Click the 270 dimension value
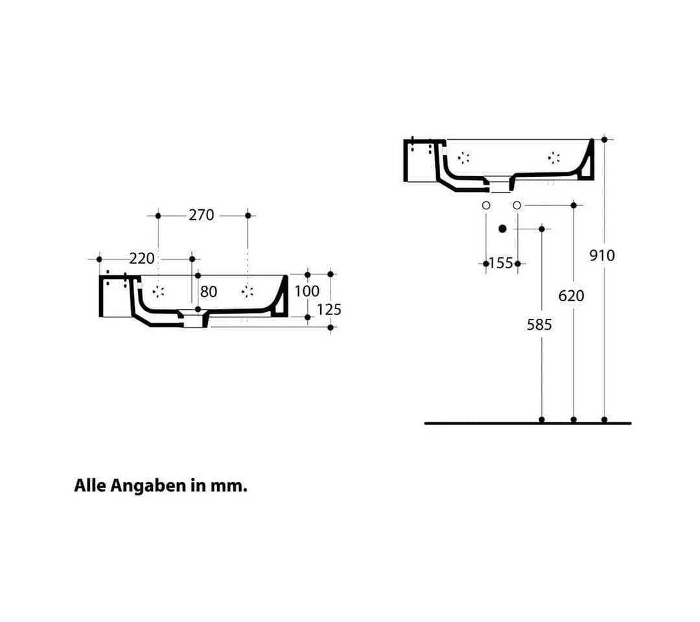point(202,215)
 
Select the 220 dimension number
point(142,259)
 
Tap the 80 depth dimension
point(209,292)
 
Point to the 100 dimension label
point(307,292)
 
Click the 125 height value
point(329,310)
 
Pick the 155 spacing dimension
point(501,263)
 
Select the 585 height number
point(539,325)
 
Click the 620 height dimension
point(572,296)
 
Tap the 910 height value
point(602,256)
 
